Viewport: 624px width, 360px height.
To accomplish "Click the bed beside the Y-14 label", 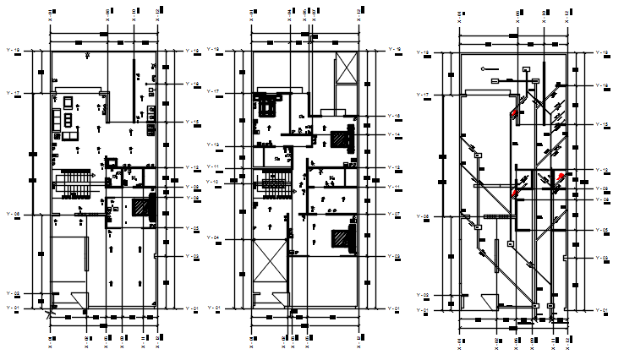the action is [342, 137].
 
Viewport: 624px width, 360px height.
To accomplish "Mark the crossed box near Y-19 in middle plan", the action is [347, 68].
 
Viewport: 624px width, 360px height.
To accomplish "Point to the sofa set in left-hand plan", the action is [66, 117].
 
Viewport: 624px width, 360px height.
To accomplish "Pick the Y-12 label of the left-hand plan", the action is [191, 167].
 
